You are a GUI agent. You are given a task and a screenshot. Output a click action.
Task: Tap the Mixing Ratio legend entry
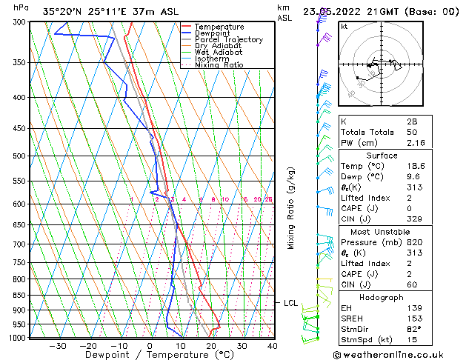(219, 65)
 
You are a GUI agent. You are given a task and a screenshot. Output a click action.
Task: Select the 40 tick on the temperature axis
(273, 345)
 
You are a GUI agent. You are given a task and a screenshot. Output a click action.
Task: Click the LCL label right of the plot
(290, 303)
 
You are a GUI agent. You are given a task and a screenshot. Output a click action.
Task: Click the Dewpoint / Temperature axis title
(149, 355)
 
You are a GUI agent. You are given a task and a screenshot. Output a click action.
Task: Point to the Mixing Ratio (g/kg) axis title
(291, 208)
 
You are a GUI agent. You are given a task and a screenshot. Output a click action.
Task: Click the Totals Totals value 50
(413, 131)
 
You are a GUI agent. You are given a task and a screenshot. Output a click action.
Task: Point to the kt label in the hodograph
(344, 26)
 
